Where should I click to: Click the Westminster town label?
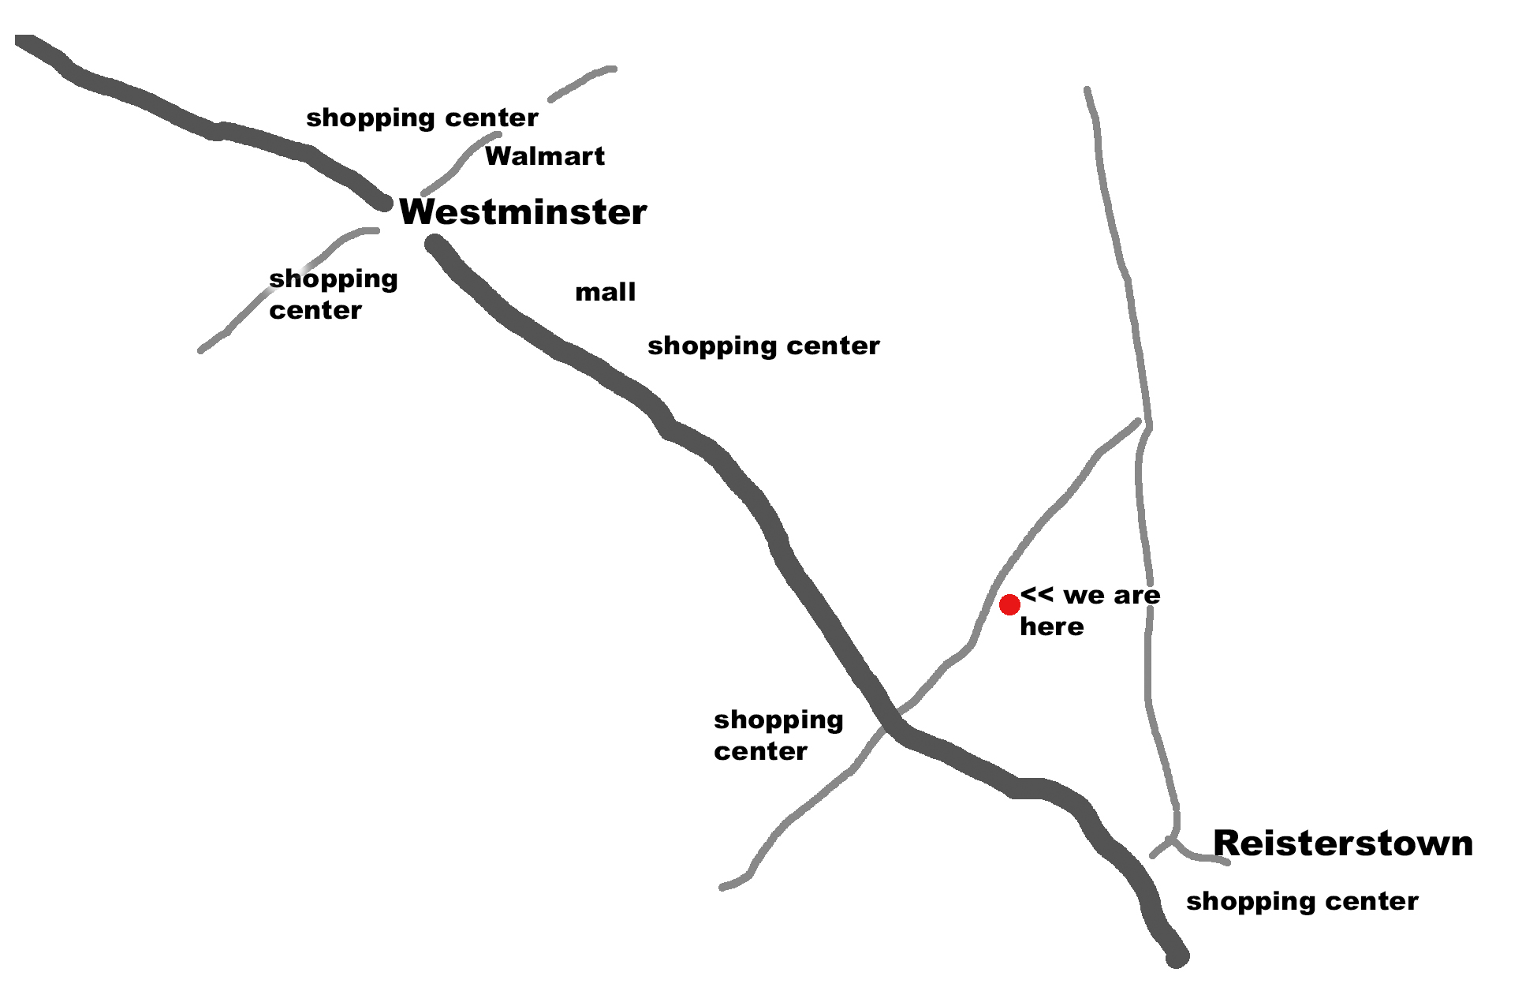(523, 212)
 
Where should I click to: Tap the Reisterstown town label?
(1343, 843)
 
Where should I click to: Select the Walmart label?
(545, 156)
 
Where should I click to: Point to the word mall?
(606, 292)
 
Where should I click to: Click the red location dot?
(1009, 604)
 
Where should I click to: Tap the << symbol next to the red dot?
(1036, 593)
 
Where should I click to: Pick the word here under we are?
(1052, 627)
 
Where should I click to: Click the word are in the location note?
(1136, 596)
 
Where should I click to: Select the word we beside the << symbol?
(1084, 596)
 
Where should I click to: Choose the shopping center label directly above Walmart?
(422, 118)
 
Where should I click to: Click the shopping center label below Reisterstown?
(1302, 902)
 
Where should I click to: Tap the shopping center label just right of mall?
(763, 346)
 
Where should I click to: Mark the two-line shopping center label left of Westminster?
(333, 294)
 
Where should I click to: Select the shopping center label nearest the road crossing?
(778, 735)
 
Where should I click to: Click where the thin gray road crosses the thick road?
(893, 717)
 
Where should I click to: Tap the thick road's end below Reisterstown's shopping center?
(1177, 957)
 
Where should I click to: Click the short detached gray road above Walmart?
(582, 84)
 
